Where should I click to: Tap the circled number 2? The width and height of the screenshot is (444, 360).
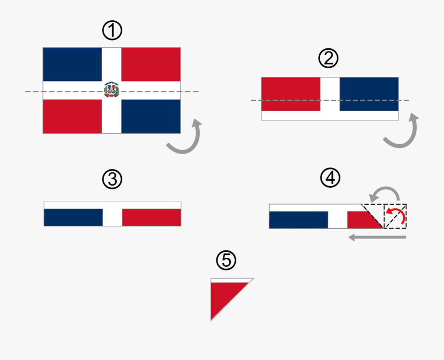(x=329, y=59)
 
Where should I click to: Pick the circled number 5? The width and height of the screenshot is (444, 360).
(x=226, y=260)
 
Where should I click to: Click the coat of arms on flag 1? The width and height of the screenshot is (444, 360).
(x=111, y=90)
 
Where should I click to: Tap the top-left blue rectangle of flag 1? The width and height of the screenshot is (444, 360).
(x=73, y=65)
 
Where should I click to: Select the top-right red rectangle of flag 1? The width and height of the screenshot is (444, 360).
(x=150, y=65)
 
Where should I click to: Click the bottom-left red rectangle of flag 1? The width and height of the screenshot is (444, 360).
(x=73, y=116)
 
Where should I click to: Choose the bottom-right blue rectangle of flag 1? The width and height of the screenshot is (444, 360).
(x=150, y=116)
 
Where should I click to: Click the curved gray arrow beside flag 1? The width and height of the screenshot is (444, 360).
(x=185, y=138)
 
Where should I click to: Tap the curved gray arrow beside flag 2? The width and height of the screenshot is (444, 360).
(x=402, y=132)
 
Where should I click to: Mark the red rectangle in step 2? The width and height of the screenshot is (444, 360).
(x=291, y=94)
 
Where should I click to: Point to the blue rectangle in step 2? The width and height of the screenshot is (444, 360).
(x=369, y=94)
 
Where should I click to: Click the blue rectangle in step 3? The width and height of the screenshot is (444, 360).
(x=74, y=217)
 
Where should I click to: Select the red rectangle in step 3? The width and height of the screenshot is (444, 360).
(x=151, y=217)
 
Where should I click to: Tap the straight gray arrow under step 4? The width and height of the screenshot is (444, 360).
(x=377, y=238)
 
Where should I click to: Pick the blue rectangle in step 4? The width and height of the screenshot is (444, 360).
(x=298, y=220)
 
